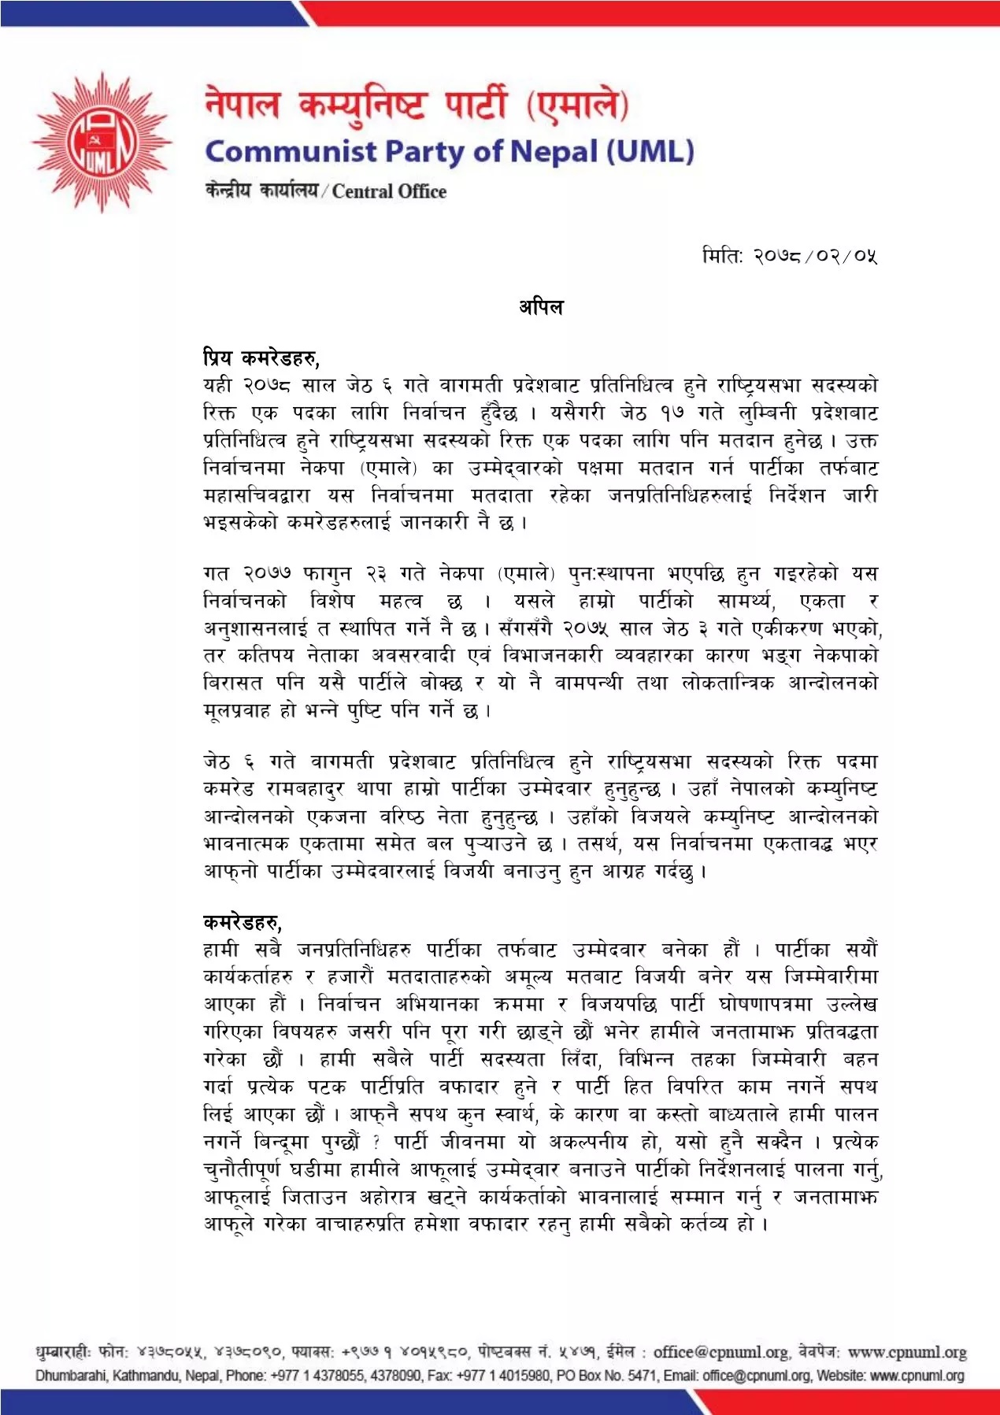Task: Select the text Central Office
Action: pyautogui.click(x=389, y=191)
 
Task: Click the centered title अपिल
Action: pyautogui.click(x=541, y=306)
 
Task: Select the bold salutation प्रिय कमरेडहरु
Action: pyautogui.click(x=260, y=358)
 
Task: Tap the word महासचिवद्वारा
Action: pyautogui.click(x=256, y=495)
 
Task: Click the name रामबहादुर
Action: pyautogui.click(x=306, y=789)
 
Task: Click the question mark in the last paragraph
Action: pyautogui.click(x=376, y=1143)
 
